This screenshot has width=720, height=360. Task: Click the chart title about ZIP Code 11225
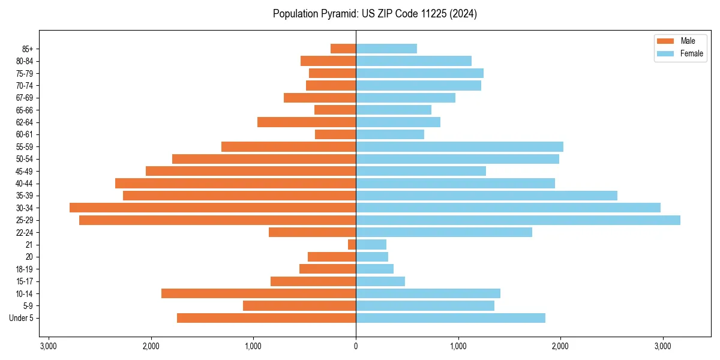[374, 14]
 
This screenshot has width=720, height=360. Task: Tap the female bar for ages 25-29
[518, 220]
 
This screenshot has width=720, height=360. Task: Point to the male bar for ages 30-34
[213, 208]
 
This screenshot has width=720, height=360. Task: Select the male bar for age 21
[352, 245]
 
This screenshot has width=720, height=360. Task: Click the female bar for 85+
[386, 49]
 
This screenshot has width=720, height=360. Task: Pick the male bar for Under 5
[266, 318]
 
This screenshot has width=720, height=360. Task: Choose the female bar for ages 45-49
[421, 171]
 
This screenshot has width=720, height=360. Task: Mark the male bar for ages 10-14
[259, 293]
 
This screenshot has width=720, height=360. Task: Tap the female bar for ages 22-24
[444, 232]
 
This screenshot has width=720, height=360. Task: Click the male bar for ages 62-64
[307, 122]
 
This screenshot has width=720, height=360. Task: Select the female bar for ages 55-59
[460, 147]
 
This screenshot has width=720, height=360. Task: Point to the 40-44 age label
[24, 184]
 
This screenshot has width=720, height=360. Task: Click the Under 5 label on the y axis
[22, 318]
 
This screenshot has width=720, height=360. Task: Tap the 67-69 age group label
[24, 98]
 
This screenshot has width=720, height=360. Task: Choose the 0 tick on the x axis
[356, 346]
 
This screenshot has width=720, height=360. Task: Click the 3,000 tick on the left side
[49, 346]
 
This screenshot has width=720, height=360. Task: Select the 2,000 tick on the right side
[560, 346]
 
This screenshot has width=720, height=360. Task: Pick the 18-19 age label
[24, 269]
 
